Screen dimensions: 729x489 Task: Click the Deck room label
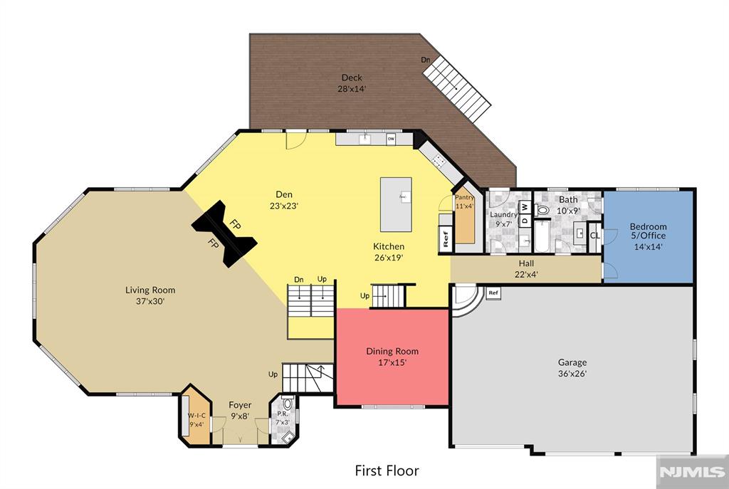click(x=352, y=78)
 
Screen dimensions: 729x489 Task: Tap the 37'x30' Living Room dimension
click(x=150, y=301)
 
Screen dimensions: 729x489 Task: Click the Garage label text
click(x=572, y=362)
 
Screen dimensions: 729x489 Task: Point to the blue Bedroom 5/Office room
click(x=648, y=236)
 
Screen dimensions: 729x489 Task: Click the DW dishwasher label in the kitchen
click(x=391, y=139)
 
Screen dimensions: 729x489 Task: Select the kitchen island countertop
click(x=396, y=204)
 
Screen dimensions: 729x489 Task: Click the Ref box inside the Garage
click(x=493, y=293)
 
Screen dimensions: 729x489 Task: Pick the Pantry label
click(x=464, y=198)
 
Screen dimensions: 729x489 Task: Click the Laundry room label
click(x=503, y=215)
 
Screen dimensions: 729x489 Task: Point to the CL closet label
click(x=594, y=236)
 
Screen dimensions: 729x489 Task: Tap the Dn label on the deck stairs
click(x=426, y=60)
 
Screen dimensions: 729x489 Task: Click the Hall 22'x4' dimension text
click(x=526, y=275)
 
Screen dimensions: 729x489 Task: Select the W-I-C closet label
click(x=196, y=416)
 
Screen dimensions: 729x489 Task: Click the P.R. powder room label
click(x=283, y=414)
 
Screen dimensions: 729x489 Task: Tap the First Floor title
click(x=387, y=471)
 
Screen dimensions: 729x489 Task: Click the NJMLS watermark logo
click(x=692, y=472)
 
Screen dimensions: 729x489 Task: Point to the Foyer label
click(x=240, y=405)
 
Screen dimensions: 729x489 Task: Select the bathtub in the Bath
click(x=542, y=236)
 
